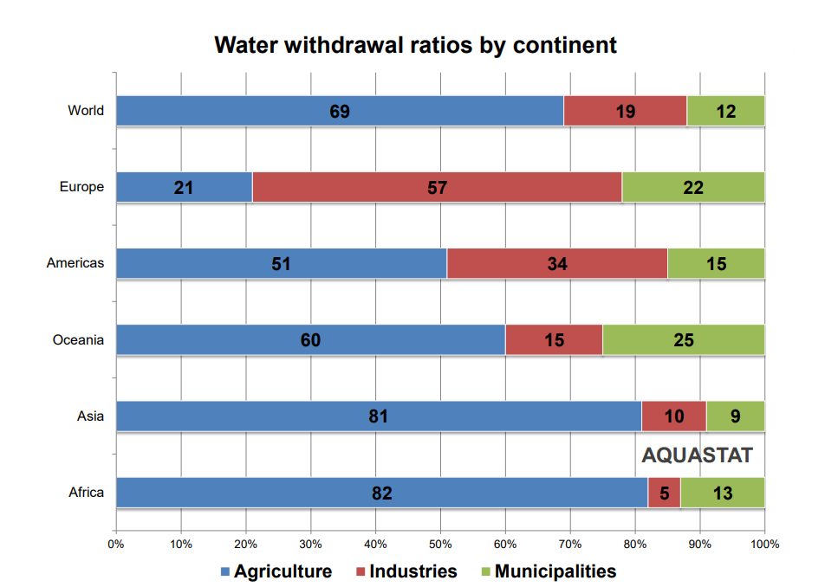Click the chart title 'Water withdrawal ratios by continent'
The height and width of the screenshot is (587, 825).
(x=415, y=45)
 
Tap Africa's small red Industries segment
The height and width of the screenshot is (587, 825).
(x=664, y=493)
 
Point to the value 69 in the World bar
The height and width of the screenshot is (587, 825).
(x=340, y=111)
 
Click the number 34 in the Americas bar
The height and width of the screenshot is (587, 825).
(x=557, y=264)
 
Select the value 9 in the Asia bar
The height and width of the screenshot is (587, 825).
(x=735, y=416)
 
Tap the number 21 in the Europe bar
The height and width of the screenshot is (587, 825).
(x=184, y=187)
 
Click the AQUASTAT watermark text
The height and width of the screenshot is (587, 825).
(x=697, y=455)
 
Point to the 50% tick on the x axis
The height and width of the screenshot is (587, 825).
(x=440, y=545)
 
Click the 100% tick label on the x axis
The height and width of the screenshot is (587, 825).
(x=764, y=545)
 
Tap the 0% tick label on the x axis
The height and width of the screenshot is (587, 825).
(x=116, y=545)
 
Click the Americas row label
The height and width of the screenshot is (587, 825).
(x=75, y=263)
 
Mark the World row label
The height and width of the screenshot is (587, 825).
(x=86, y=111)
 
